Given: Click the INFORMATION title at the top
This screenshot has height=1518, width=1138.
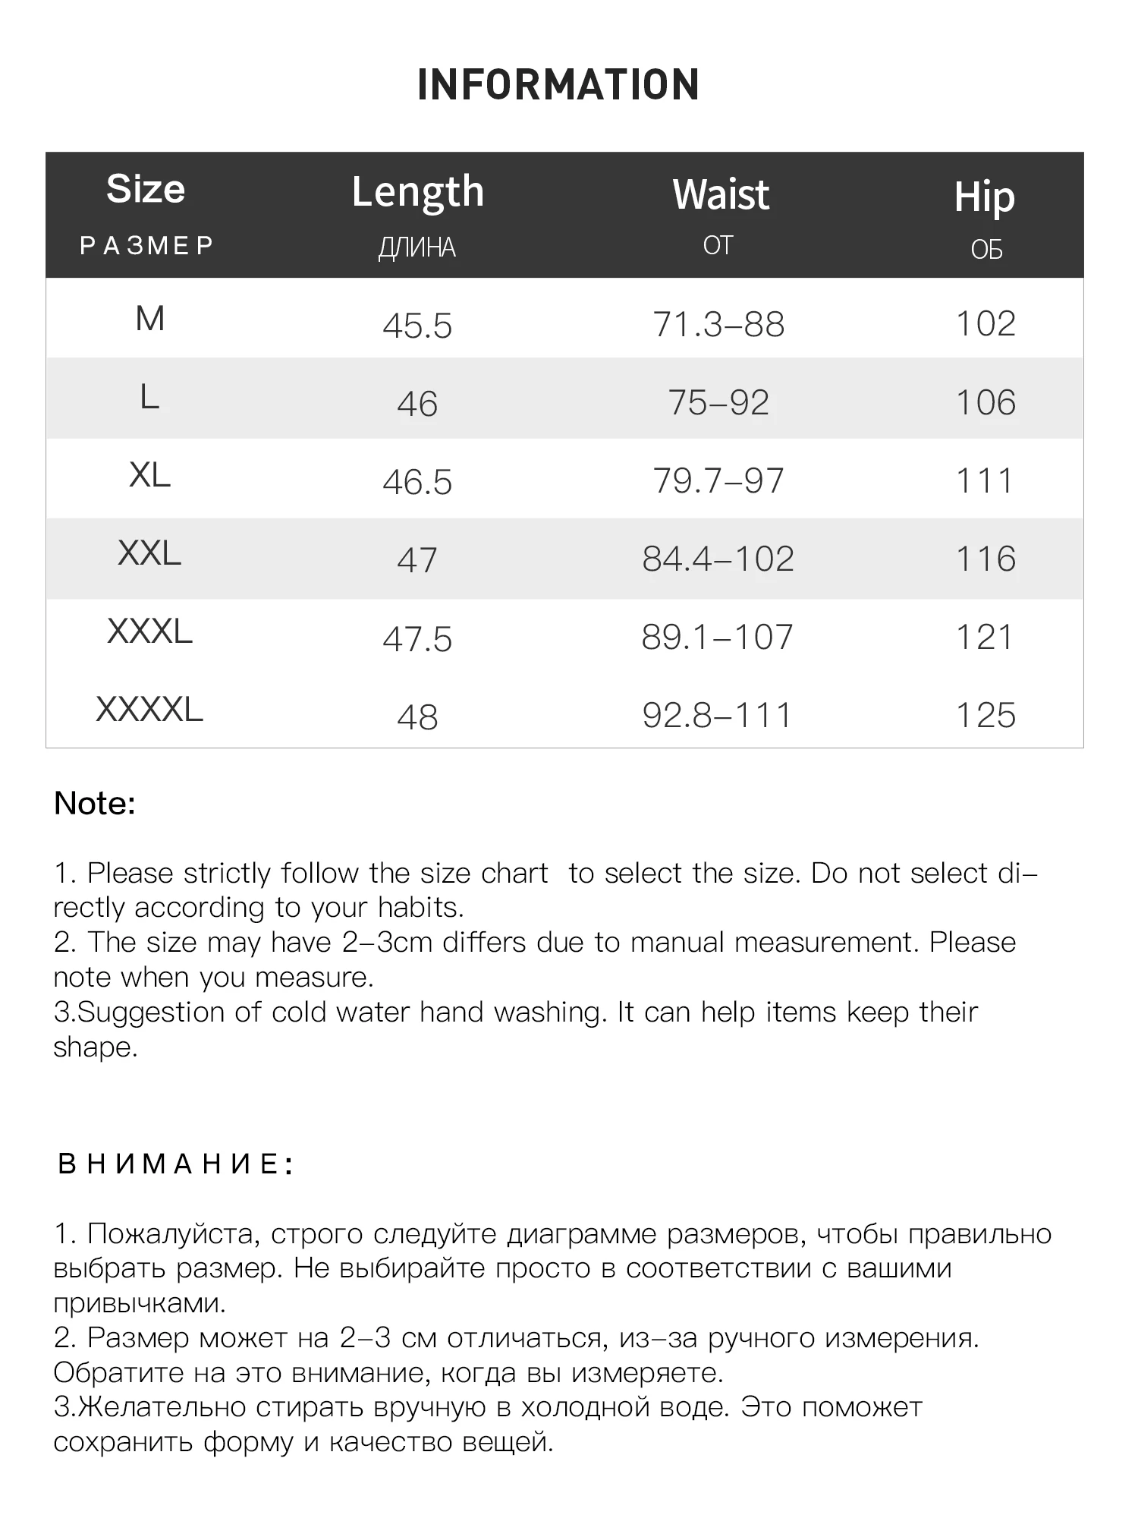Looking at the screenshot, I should (x=558, y=84).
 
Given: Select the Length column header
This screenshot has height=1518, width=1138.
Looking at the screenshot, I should (x=418, y=192).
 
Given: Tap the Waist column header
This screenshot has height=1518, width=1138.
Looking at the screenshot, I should (x=721, y=194).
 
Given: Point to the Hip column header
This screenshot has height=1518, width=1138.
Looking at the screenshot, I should (x=984, y=197).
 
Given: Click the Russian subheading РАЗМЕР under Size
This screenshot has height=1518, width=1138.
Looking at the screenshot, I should (x=147, y=246).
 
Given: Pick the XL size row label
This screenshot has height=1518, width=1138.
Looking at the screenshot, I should (x=149, y=476).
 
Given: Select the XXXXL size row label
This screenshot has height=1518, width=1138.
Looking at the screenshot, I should (x=149, y=710).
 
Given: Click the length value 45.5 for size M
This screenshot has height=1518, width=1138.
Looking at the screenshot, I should (x=417, y=326).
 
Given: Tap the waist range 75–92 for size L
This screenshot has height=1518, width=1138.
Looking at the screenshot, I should (x=718, y=403).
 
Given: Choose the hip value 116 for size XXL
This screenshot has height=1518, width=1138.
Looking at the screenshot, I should (x=986, y=559).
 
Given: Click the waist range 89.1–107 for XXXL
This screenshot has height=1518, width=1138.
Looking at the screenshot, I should (x=717, y=638).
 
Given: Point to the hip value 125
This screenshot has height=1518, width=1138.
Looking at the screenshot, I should (x=986, y=716).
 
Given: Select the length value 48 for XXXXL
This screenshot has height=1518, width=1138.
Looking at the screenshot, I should (x=417, y=717).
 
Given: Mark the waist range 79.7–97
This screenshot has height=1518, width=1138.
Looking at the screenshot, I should (x=718, y=481).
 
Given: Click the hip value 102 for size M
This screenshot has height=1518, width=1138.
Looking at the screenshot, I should (x=986, y=324).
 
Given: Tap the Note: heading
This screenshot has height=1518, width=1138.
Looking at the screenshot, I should (x=95, y=803).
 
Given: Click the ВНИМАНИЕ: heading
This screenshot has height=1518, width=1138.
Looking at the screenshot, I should (x=175, y=1164).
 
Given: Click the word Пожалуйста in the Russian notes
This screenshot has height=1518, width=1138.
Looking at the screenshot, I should (x=174, y=1235).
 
